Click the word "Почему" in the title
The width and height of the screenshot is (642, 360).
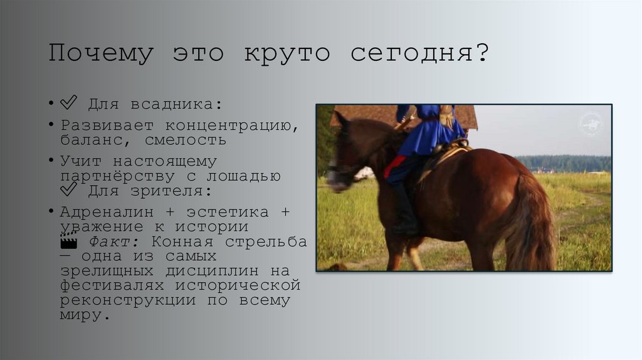[100, 54]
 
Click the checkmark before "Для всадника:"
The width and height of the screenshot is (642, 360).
[68, 103]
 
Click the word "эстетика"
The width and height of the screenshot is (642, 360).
[224, 212]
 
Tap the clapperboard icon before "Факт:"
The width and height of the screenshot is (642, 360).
[68, 241]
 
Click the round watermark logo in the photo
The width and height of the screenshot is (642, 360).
[591, 124]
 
